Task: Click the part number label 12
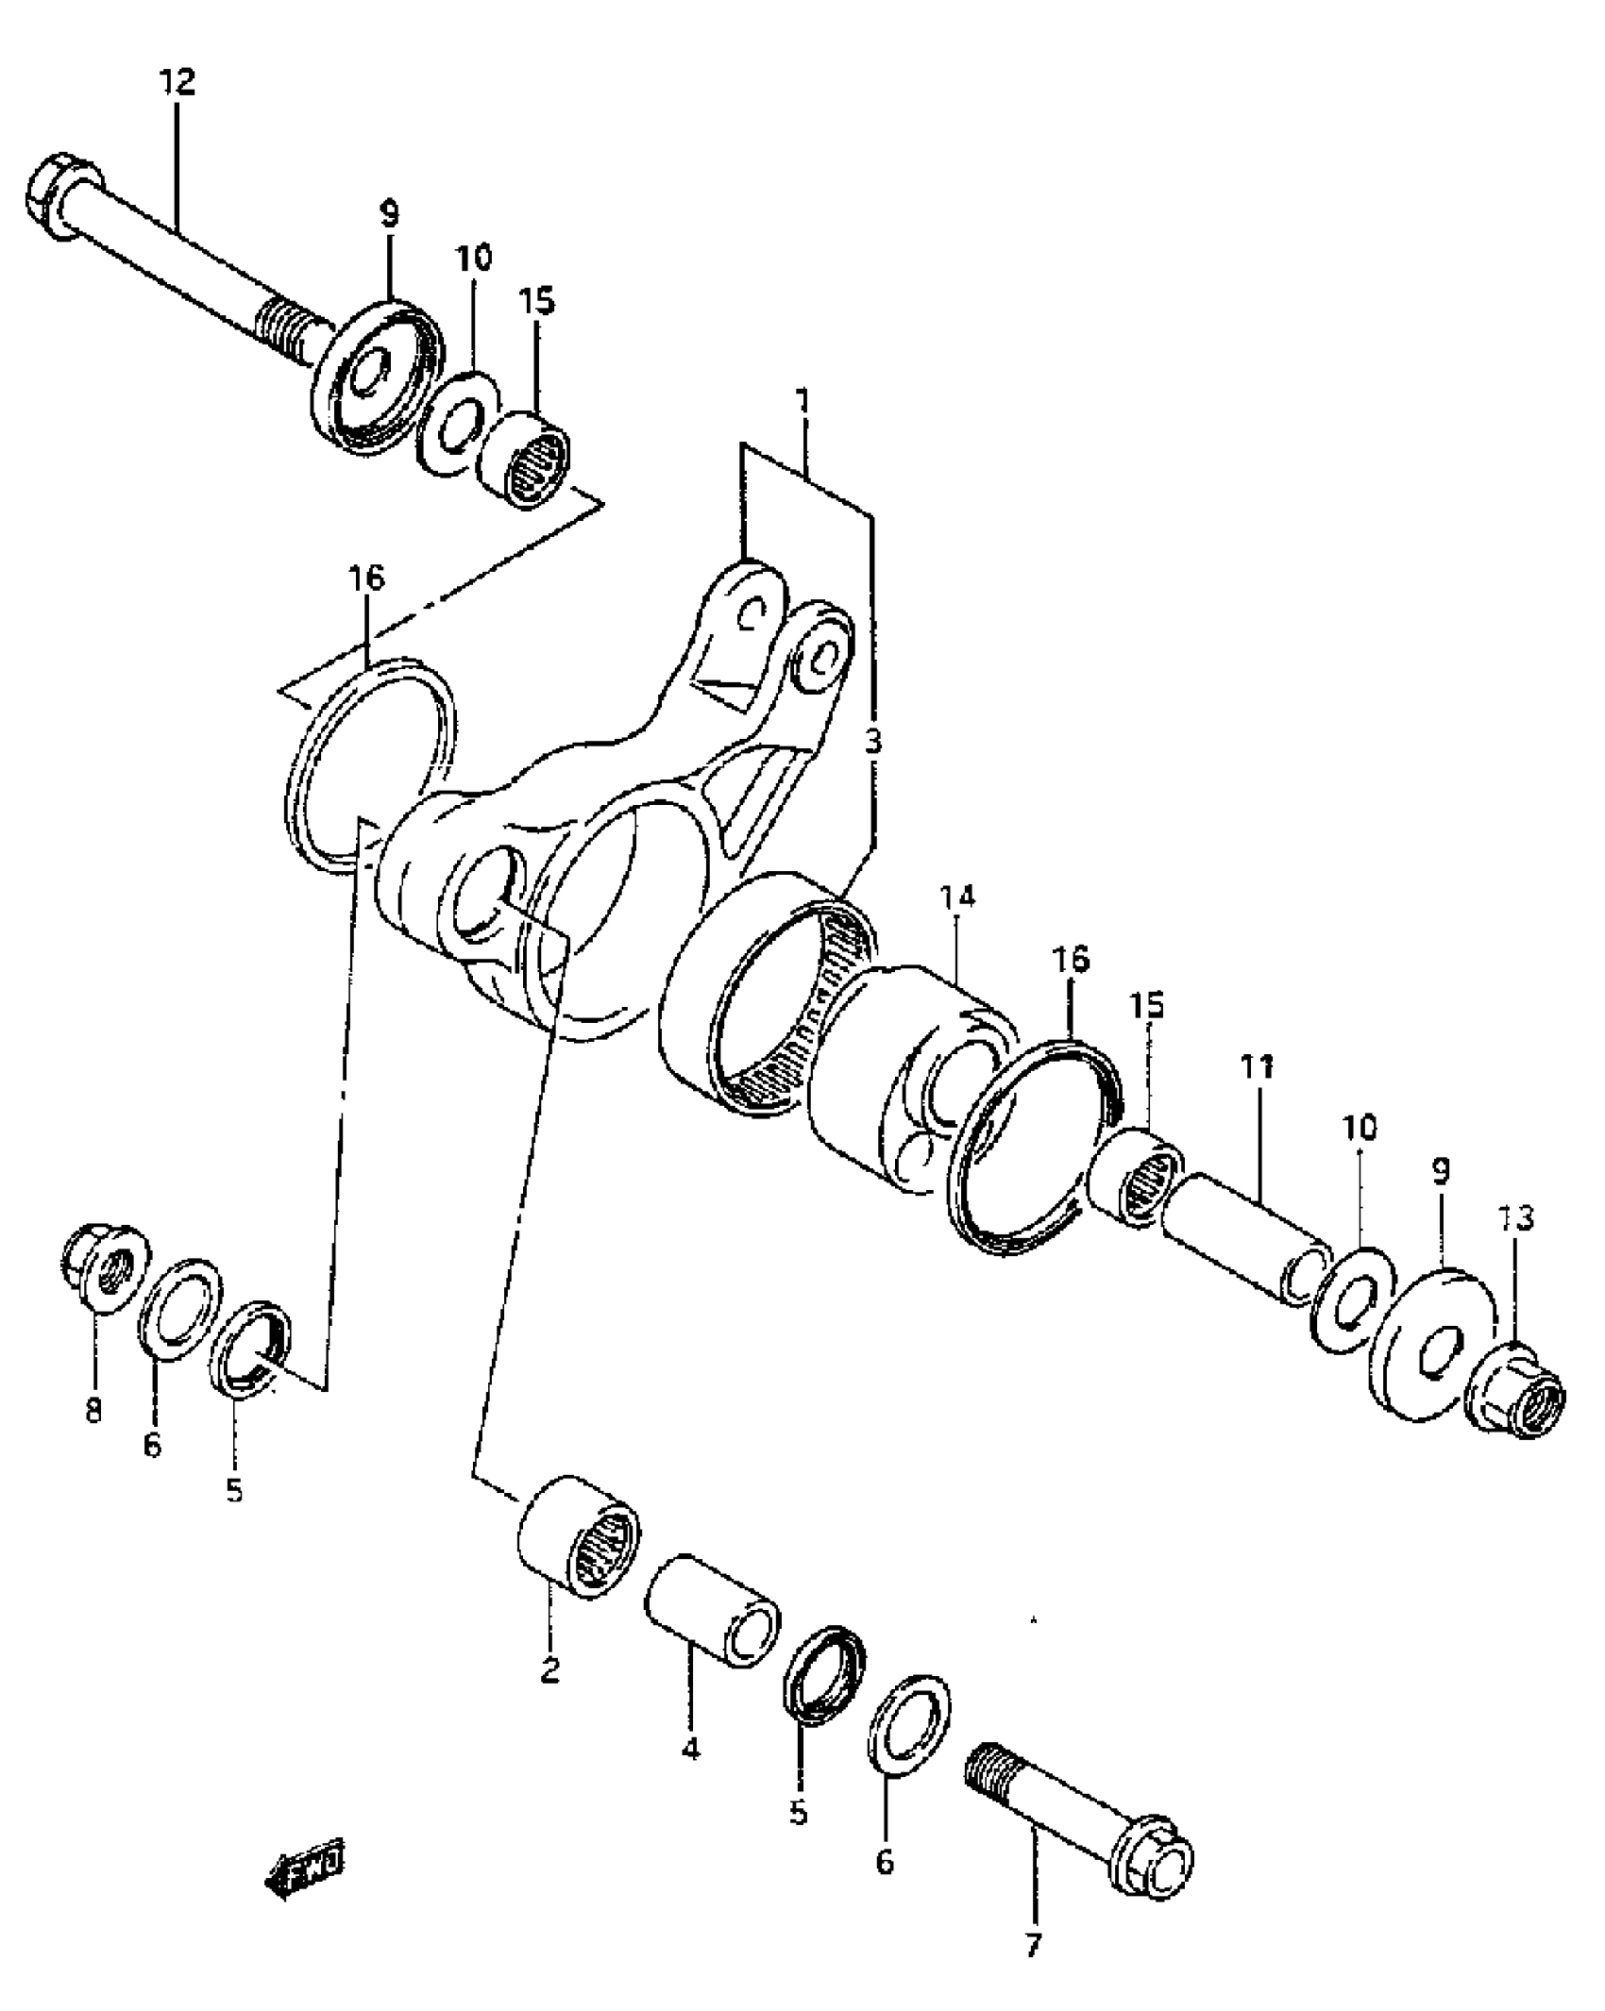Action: tap(177, 83)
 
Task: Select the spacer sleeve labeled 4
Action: tap(713, 1610)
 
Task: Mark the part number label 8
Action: tap(93, 1413)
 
